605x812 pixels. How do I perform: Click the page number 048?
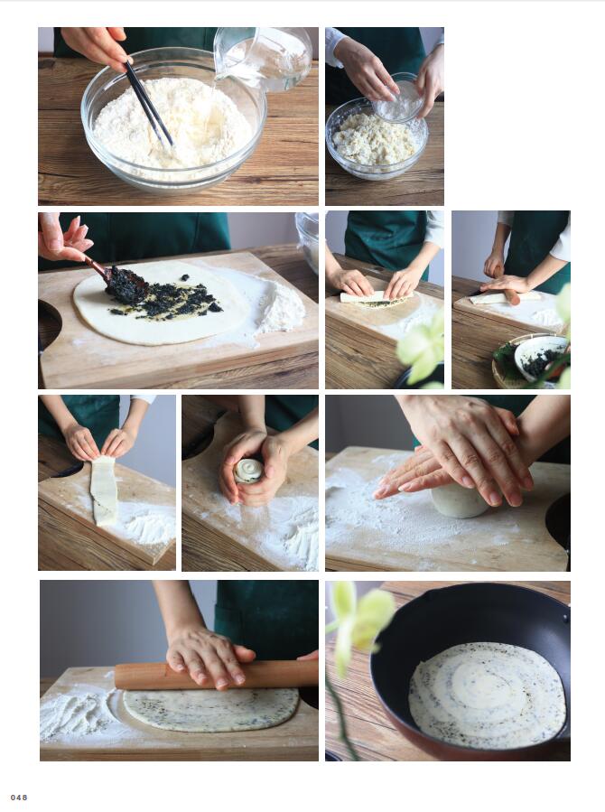pos(19,797)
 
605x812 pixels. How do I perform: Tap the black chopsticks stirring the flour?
pos(148,105)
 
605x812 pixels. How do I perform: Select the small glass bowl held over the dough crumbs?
pos(399,98)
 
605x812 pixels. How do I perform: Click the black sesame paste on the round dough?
pos(161,295)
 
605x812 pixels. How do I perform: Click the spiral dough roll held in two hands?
pos(248,471)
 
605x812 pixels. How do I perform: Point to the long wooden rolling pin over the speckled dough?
pos(217,674)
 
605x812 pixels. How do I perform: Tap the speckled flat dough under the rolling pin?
pos(210,709)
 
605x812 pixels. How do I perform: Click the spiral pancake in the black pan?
pos(488,695)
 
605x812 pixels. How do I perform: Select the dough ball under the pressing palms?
pos(459,500)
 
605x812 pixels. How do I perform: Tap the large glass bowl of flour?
pos(173,119)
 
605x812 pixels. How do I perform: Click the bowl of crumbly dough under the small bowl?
pos(377,140)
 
